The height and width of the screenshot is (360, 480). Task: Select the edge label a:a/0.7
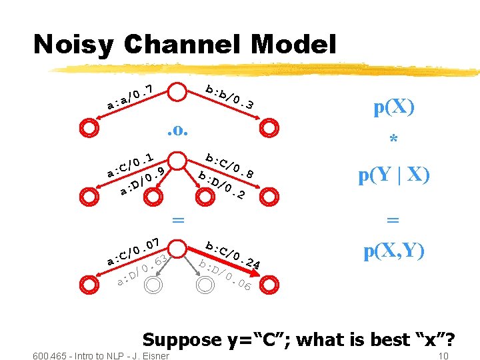[x=131, y=97]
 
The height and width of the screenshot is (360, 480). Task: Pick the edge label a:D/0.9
[x=142, y=183]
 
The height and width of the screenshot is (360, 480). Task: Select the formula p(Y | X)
[x=393, y=175]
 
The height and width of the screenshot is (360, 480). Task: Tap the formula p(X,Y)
[x=393, y=251]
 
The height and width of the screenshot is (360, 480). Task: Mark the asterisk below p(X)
[x=393, y=141]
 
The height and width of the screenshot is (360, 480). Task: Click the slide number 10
[x=443, y=356]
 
